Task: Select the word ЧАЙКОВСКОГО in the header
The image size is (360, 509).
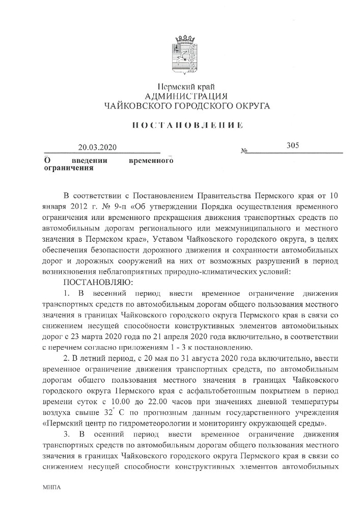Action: point(133,106)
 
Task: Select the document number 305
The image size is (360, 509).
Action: point(292,146)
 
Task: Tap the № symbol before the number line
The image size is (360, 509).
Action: point(244,152)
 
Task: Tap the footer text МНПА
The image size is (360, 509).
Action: point(52,487)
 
